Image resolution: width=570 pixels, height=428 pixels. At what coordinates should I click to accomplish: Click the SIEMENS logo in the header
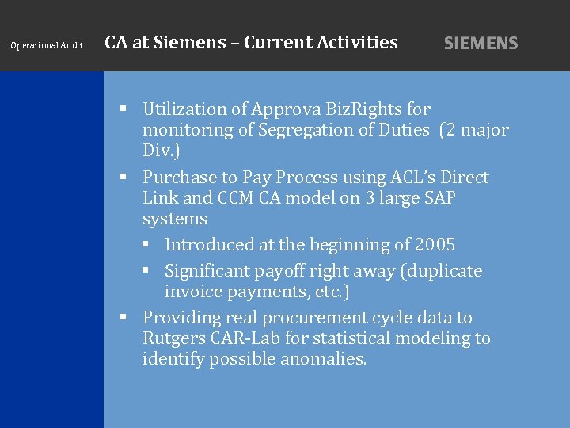[x=481, y=44]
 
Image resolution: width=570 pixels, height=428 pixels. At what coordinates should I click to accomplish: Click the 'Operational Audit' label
[x=47, y=45]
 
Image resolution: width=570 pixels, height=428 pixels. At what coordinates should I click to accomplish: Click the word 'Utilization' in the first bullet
[x=183, y=109]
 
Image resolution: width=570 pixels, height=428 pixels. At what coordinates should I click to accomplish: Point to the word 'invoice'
[x=191, y=292]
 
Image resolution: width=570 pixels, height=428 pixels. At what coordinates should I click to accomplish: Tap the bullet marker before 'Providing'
[x=123, y=318]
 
